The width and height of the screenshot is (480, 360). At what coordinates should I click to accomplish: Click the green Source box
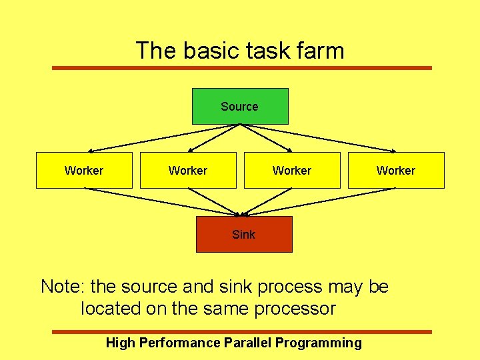click(240, 107)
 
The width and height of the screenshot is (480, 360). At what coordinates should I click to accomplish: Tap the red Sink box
click(244, 234)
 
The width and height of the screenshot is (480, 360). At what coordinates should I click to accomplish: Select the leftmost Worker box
click(84, 171)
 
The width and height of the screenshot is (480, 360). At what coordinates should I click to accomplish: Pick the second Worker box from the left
click(188, 171)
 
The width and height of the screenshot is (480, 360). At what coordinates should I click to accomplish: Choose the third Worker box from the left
click(292, 171)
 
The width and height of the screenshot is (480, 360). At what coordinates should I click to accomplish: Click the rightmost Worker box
click(396, 171)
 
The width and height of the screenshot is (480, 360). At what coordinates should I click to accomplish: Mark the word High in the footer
click(120, 343)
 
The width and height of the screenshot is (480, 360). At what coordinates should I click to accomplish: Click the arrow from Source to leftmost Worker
click(141, 139)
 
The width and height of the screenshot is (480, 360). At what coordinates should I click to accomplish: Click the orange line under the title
click(242, 67)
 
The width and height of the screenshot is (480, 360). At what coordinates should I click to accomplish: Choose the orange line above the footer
click(242, 331)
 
